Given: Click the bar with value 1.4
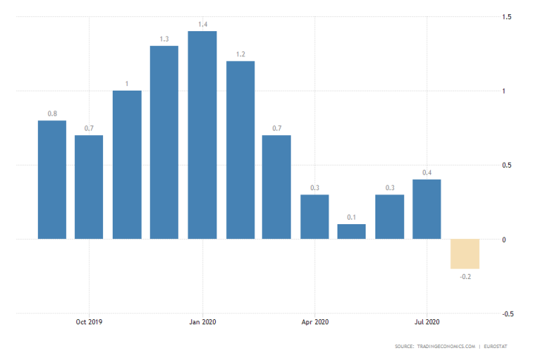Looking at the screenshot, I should [202, 135].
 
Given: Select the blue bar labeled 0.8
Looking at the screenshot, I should [51, 180].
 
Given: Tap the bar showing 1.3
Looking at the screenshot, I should [164, 143].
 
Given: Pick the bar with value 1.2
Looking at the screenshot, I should [240, 150].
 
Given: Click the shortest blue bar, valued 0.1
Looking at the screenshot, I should [352, 232].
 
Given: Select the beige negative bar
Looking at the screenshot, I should [465, 254].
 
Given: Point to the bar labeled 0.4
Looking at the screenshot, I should [427, 209].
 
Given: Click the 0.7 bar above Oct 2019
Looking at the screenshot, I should [89, 187].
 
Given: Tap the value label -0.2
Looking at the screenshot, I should [465, 277].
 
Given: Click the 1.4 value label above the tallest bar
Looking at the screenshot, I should [202, 24].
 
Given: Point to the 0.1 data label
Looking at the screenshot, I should [352, 217].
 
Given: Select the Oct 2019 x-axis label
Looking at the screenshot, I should [89, 321].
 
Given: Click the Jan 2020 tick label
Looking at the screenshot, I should [202, 321].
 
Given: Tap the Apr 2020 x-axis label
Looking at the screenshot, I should [315, 321].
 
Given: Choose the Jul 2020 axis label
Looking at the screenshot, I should [427, 321].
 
